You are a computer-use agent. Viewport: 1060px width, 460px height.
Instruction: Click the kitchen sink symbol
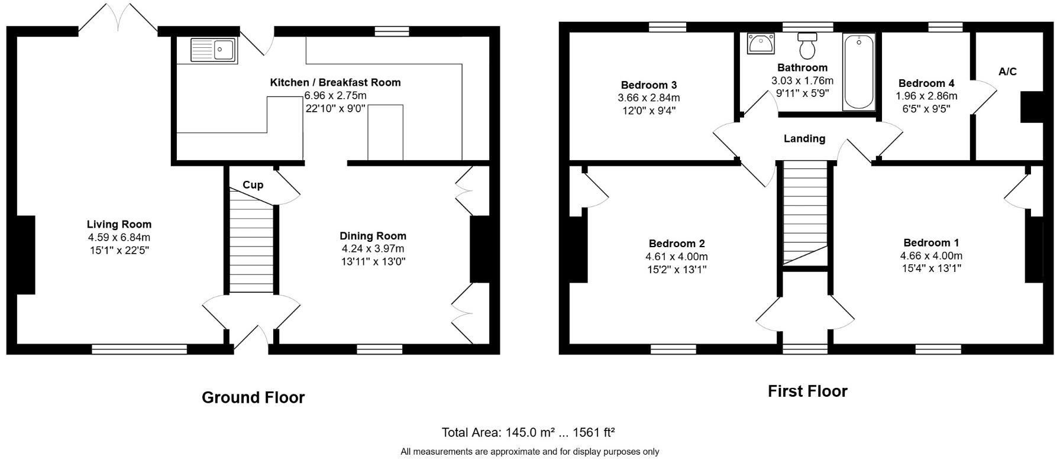coord(213,50)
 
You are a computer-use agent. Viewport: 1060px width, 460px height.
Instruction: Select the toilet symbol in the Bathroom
coord(807,44)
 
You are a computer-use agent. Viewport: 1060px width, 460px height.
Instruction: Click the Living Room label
coord(119,224)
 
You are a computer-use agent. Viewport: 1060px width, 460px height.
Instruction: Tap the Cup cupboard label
coord(253,185)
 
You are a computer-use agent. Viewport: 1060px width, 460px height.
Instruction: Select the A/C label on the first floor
coord(1007,72)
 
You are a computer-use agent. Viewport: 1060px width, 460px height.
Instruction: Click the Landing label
coord(804,138)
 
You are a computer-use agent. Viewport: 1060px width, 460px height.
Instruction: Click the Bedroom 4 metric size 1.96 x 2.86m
coord(926,96)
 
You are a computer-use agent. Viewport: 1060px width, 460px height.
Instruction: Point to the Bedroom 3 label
coord(648,85)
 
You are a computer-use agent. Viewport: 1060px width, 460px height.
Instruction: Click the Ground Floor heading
coord(253,397)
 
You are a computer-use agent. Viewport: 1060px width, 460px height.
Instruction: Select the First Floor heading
coord(807,391)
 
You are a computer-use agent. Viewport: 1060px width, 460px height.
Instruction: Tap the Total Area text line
coord(529,432)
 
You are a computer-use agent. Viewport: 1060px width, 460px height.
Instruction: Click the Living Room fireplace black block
coord(26,255)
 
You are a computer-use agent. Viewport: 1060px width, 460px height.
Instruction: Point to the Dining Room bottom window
coord(379,349)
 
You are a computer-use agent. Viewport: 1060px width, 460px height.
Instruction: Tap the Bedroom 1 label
coord(931,242)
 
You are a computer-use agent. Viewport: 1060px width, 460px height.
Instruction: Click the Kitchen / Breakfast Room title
coord(335,82)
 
